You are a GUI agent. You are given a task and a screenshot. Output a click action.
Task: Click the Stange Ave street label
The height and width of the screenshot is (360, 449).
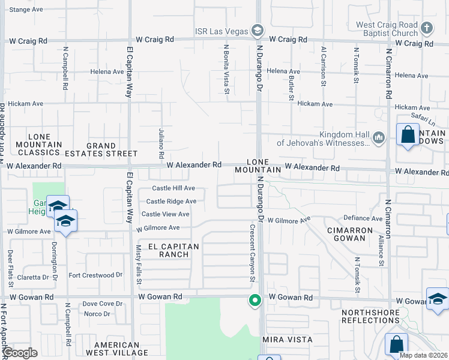coord(26,10)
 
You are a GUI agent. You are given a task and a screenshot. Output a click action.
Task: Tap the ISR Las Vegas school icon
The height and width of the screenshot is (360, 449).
coord(258,30)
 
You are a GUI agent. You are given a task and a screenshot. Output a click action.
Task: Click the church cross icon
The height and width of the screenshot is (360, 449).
coord(426,28)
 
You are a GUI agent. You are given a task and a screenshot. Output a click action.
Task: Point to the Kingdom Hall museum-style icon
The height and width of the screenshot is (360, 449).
coord(379,139)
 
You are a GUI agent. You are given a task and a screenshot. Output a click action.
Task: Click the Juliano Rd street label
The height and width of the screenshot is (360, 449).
coord(161,139)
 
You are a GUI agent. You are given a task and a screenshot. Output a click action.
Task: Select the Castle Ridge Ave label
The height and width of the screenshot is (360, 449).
coord(171,202)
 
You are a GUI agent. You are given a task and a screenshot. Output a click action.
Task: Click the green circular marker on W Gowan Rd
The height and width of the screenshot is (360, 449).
coord(255,300)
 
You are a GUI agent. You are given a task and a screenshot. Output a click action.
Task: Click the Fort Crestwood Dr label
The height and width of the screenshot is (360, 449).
coord(95,275)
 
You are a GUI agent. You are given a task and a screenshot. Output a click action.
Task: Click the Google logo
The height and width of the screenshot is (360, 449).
coord(20,353)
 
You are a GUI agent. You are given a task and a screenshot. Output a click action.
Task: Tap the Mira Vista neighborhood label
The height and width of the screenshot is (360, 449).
coord(288,340)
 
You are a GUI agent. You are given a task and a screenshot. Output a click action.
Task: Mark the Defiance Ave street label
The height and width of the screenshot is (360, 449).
coord(363,218)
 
